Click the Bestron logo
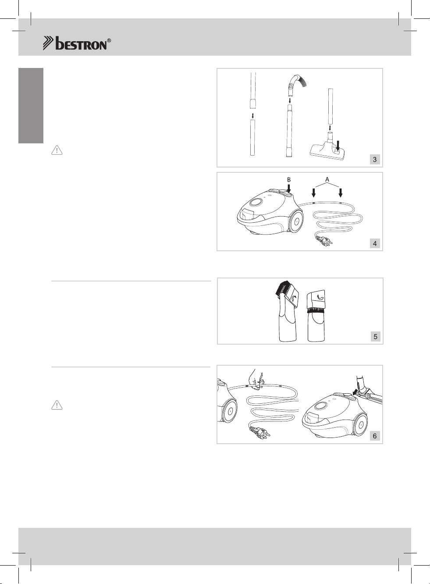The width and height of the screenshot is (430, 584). (77, 43)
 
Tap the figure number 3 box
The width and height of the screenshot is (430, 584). (375, 160)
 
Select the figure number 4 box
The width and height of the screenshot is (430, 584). (375, 243)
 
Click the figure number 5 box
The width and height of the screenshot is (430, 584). (375, 337)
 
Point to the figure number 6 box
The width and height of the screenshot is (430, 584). (375, 436)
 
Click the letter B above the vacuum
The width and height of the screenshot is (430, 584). (289, 180)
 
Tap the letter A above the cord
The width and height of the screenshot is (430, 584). (327, 179)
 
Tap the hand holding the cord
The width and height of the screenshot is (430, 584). (256, 381)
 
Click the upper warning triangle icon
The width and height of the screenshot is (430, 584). (57, 150)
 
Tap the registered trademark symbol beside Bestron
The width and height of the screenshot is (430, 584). (109, 41)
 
